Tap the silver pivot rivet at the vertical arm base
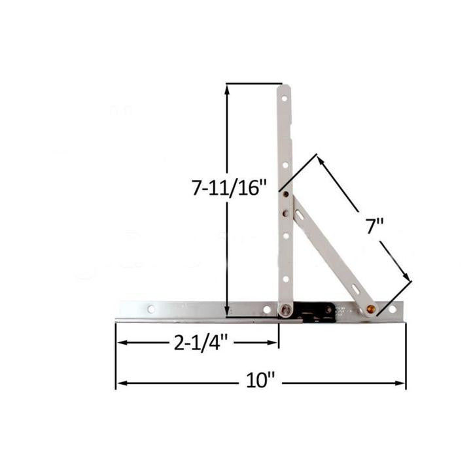click(286, 310)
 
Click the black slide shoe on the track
click(313, 312)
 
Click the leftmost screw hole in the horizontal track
click(151, 309)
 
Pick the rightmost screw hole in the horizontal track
click(392, 309)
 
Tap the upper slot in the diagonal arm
click(300, 213)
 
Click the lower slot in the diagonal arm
click(353, 288)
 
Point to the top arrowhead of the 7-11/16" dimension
click(227, 88)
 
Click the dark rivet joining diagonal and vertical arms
click(285, 194)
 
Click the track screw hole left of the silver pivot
click(266, 309)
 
